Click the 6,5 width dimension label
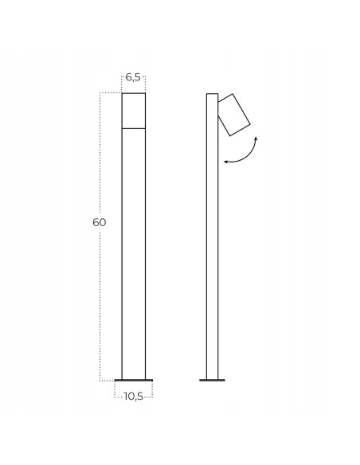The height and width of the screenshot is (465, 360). [133, 77]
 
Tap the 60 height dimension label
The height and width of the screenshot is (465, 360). [99, 222]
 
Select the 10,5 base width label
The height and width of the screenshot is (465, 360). [134, 397]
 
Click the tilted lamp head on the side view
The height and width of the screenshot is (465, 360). [234, 115]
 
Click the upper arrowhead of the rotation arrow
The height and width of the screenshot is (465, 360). [256, 139]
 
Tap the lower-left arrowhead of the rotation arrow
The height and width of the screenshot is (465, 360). [225, 162]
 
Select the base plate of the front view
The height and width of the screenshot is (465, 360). [134, 380]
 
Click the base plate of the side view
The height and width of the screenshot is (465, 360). [212, 380]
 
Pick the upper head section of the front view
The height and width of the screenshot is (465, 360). [134, 111]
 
